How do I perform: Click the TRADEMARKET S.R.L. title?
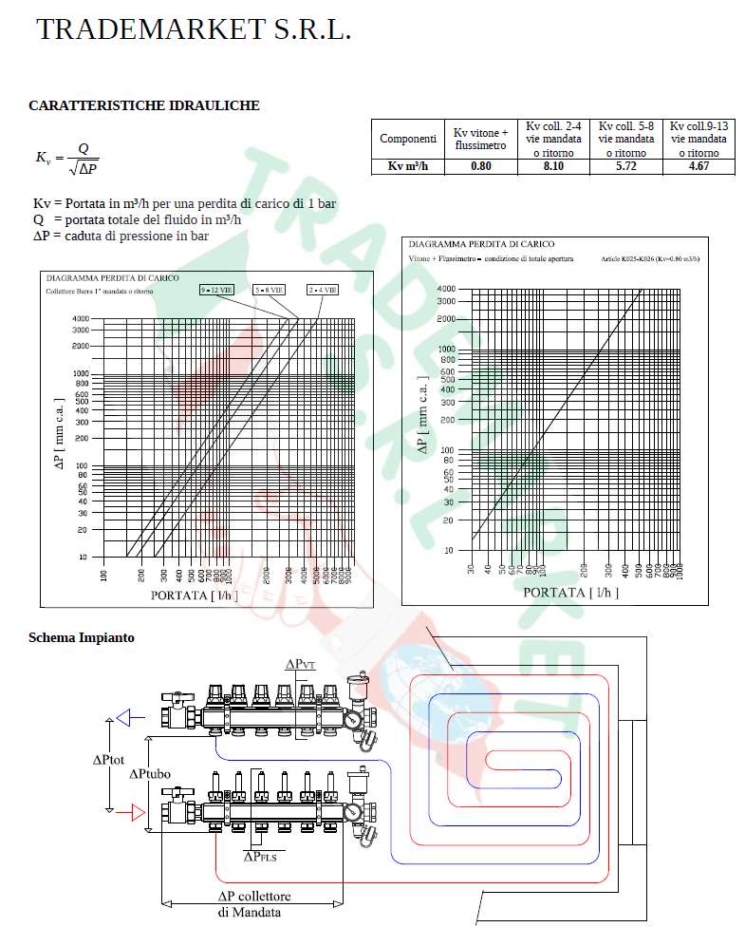click(194, 29)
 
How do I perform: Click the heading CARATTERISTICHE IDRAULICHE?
click(144, 105)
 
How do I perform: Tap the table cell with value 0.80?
click(481, 166)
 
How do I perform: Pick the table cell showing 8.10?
click(553, 166)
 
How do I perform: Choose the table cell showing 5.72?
click(625, 166)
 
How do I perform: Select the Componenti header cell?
click(408, 139)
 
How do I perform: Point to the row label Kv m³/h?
click(408, 166)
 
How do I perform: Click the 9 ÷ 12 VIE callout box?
click(217, 289)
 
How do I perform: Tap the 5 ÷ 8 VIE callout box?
click(270, 289)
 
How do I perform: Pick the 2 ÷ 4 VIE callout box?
click(322, 289)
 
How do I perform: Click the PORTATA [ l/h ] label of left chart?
click(195, 595)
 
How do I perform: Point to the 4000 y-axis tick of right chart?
click(445, 288)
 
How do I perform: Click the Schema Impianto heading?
click(82, 637)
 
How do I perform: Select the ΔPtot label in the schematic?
click(109, 760)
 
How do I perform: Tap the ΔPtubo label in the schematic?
click(150, 773)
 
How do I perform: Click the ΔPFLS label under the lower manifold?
click(260, 856)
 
